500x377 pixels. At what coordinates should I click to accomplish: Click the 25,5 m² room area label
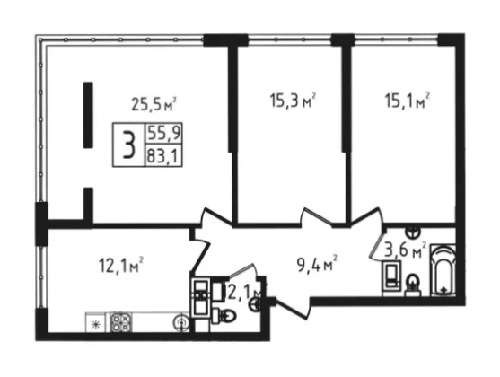(154, 104)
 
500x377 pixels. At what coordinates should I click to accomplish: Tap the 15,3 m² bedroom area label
(293, 100)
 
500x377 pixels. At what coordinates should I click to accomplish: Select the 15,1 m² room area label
(408, 100)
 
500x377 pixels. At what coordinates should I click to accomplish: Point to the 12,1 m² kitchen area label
(121, 265)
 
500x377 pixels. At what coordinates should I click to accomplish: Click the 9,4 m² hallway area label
(317, 265)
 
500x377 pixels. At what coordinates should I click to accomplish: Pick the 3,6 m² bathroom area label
(405, 250)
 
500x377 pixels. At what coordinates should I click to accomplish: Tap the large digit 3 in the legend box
(129, 145)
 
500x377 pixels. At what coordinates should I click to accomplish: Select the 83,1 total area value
(163, 156)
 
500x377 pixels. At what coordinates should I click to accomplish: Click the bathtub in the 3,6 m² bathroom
(443, 270)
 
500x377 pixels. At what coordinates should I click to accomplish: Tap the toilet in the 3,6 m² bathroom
(413, 284)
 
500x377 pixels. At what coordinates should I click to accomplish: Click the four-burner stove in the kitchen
(121, 322)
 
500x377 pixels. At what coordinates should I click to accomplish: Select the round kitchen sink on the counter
(181, 323)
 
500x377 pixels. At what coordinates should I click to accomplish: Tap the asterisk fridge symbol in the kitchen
(95, 325)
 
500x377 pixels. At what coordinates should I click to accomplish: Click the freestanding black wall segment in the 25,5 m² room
(88, 115)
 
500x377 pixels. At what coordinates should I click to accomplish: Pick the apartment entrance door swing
(292, 308)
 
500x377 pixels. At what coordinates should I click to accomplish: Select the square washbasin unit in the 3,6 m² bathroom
(391, 275)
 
